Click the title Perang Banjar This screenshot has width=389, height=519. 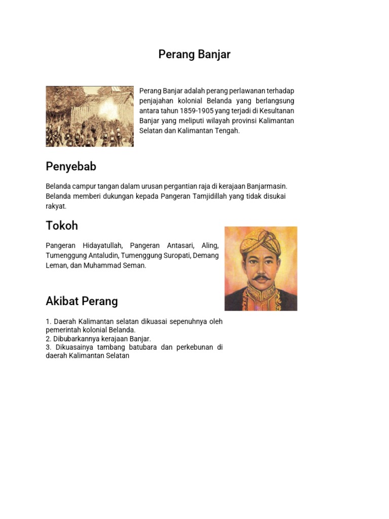[194, 54]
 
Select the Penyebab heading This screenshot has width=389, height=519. [71, 167]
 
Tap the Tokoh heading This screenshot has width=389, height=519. [62, 226]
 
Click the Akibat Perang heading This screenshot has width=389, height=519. [82, 301]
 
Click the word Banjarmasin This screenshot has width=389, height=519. [263, 187]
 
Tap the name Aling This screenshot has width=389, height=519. [210, 245]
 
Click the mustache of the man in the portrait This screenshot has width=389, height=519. [261, 278]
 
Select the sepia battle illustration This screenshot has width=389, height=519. [90, 116]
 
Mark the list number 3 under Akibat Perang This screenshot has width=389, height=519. [48, 347]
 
